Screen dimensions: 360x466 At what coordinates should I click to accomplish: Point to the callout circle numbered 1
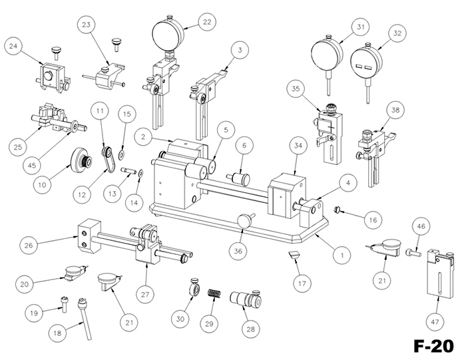tap(341, 254)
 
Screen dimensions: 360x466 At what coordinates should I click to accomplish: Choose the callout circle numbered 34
tap(298, 147)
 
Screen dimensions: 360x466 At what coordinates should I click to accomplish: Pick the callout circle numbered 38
tap(396, 109)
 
